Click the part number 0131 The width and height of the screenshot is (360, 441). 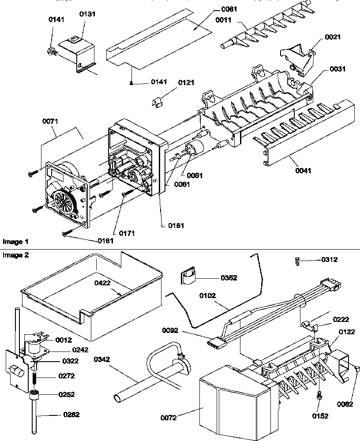click(x=87, y=14)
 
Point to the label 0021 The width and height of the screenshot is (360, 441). click(x=333, y=38)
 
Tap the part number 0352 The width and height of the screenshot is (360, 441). click(x=229, y=278)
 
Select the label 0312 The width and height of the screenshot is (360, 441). click(x=329, y=260)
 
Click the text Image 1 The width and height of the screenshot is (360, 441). click(x=15, y=242)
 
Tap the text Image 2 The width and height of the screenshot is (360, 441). click(x=15, y=255)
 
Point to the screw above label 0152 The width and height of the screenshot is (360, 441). click(x=319, y=396)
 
